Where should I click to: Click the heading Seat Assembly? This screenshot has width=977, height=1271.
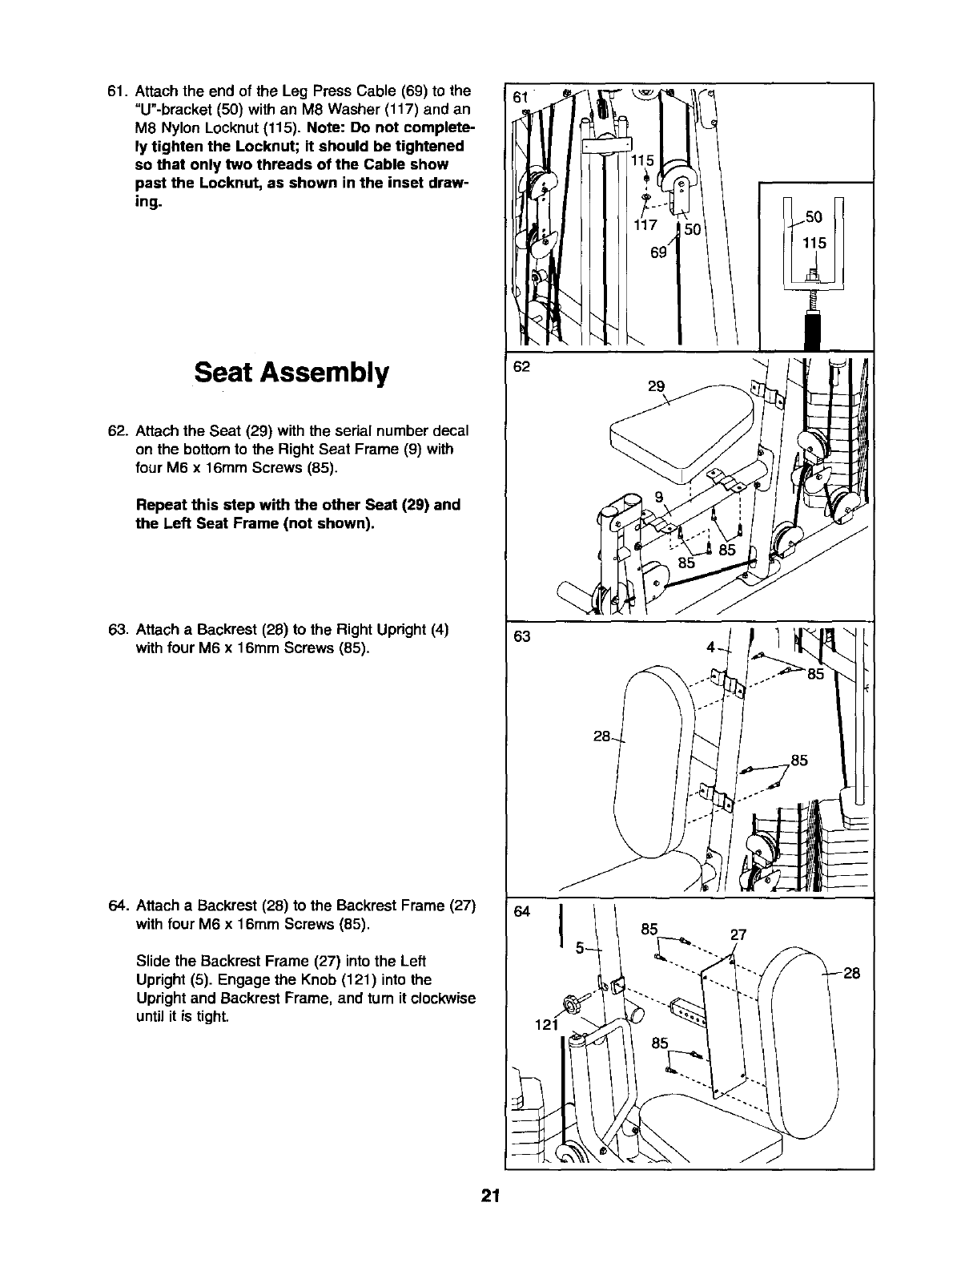pyautogui.click(x=291, y=373)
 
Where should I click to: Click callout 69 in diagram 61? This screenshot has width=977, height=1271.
pyautogui.click(x=658, y=253)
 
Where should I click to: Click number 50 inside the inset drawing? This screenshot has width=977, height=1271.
pyautogui.click(x=814, y=217)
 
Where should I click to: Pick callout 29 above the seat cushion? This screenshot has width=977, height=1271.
pyautogui.click(x=656, y=386)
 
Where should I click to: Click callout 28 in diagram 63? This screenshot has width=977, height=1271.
pyautogui.click(x=602, y=736)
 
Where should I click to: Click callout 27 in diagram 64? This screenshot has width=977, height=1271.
pyautogui.click(x=738, y=934)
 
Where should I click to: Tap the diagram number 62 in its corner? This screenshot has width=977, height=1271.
pyautogui.click(x=521, y=367)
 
